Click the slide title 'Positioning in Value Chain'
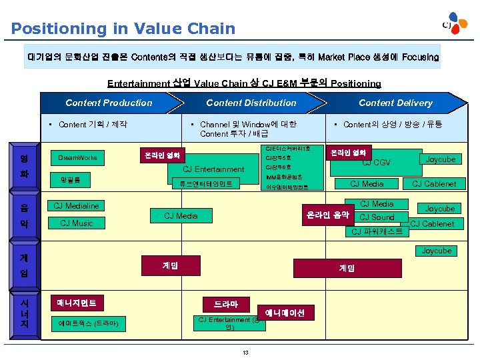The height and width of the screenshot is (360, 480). coord(123,29)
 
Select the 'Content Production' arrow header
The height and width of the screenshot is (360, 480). coord(109,103)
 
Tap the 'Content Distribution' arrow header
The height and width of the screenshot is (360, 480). coord(251,103)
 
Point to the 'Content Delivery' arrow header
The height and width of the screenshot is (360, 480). coord(395,103)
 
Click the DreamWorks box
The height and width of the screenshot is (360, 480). coord(77,158)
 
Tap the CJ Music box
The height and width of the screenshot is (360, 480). coord(77,223)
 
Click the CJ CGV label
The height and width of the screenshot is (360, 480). coord(376,163)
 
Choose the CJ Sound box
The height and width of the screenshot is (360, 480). coord(377,217)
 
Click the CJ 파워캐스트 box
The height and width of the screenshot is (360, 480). coord(377,231)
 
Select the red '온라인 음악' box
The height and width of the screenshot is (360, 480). coord(327,215)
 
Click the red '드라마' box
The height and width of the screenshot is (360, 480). coord(225,305)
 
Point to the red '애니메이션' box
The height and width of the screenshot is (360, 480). coord(285,313)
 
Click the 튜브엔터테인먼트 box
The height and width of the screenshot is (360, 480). coord(205,183)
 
